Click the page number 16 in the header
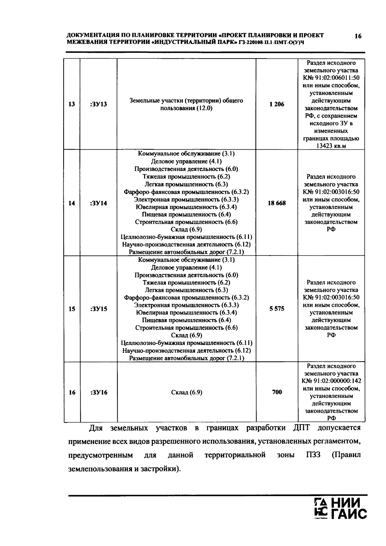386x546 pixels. coord(358,36)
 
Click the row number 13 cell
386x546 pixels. coord(72,104)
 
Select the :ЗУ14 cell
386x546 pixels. coord(99,203)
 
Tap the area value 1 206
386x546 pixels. coord(277,104)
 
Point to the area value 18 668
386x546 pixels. coord(277,203)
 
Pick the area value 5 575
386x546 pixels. coord(277,309)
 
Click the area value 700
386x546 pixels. coord(277,392)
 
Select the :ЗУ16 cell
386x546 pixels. coord(99,392)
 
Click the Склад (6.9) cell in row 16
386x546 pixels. coord(186,392)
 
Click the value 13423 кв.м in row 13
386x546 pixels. coord(331,146)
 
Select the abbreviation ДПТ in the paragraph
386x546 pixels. coord(301,428)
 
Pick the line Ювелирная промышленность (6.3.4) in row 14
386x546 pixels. coord(186,207)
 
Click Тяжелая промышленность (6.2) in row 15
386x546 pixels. coord(186,283)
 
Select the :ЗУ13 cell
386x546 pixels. coord(99,104)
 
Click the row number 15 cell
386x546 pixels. coord(72,309)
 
